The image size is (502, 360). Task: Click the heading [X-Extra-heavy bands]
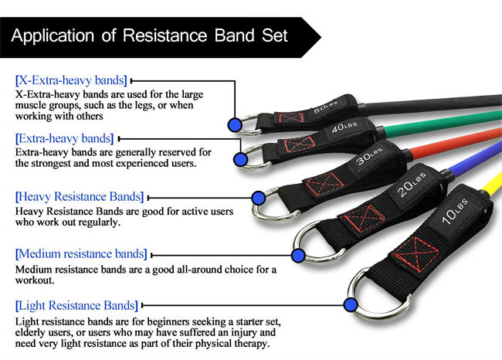coord(71,80)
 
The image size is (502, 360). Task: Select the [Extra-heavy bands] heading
coord(64,138)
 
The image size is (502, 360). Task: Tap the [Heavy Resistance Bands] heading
coord(80,196)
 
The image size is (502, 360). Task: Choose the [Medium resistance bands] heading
coord(81,253)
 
